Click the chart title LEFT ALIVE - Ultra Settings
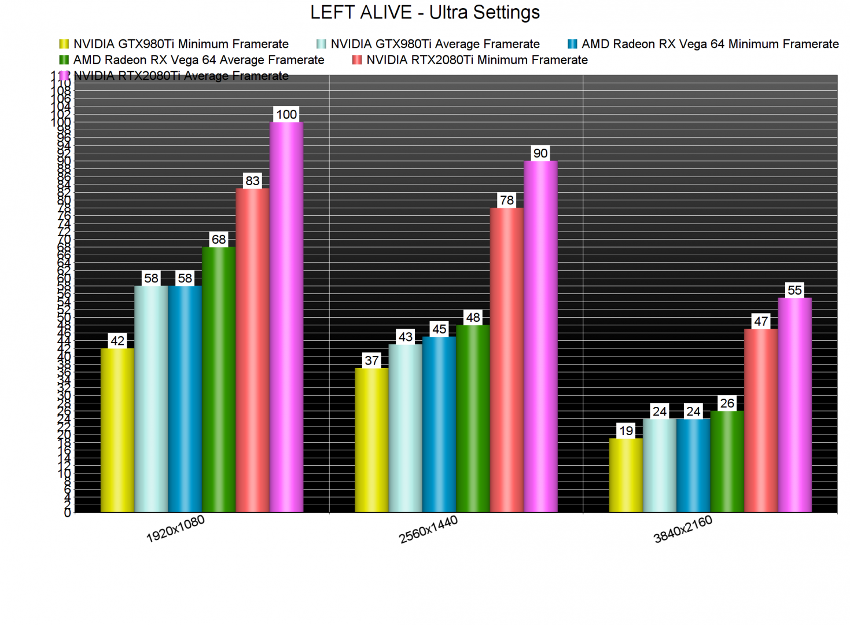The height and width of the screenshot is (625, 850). [x=425, y=12]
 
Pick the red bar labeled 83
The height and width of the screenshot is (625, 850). [x=252, y=350]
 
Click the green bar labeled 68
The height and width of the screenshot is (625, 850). [x=219, y=380]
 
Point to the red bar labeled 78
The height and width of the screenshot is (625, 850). [x=506, y=360]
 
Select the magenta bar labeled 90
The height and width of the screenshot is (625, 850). [x=540, y=336]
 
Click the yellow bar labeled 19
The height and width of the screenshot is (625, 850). [x=625, y=475]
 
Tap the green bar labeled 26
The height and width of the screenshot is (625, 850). [x=727, y=461]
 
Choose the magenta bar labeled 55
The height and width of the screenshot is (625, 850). [x=794, y=405]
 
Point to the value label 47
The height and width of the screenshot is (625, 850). [x=761, y=321]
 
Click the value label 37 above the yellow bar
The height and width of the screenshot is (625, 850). [x=371, y=361]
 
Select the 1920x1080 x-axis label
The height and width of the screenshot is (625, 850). [x=175, y=529]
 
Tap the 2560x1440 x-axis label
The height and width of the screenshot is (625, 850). [x=428, y=529]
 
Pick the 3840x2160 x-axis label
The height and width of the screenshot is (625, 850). [x=683, y=529]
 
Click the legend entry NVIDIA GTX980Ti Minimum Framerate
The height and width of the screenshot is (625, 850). [x=180, y=44]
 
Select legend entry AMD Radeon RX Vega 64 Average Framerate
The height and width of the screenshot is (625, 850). [x=198, y=60]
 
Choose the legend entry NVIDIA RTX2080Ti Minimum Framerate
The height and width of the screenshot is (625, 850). [x=476, y=60]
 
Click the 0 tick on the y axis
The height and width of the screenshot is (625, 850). [x=68, y=513]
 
